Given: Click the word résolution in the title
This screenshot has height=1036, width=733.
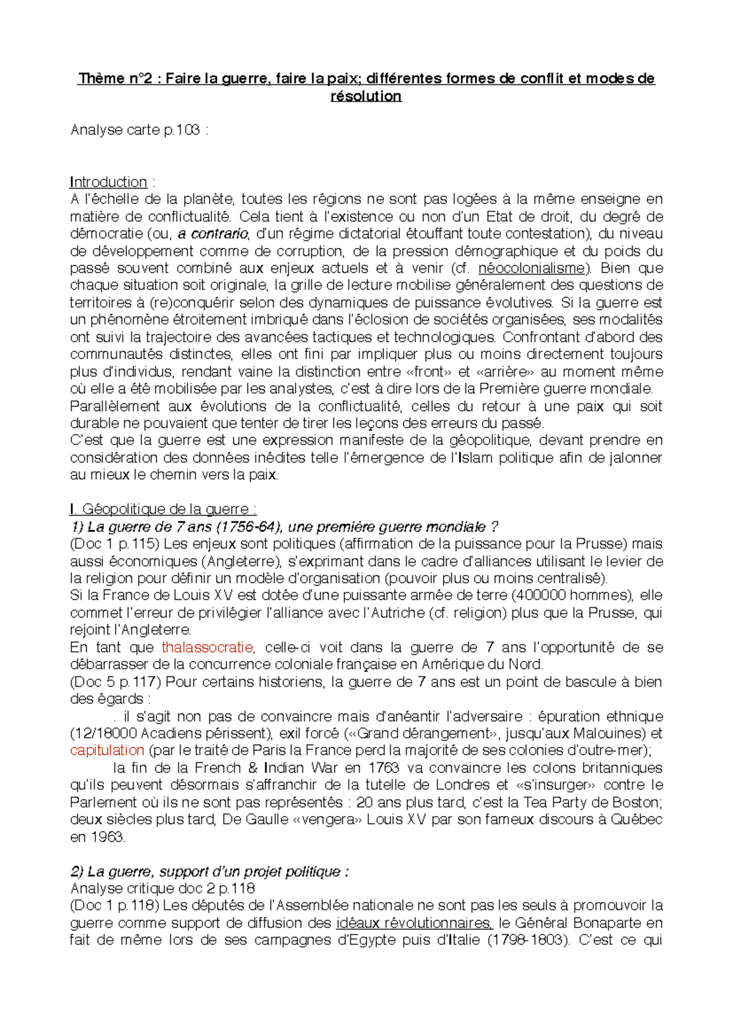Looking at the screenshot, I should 366,96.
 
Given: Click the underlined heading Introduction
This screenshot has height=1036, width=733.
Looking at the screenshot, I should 109,182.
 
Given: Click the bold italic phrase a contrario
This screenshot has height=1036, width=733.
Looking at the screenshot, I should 213,233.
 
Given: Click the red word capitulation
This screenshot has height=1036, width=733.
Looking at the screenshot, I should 107,750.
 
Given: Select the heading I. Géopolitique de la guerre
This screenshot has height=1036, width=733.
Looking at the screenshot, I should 162,509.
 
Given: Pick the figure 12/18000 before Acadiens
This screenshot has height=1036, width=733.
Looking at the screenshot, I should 103,733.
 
